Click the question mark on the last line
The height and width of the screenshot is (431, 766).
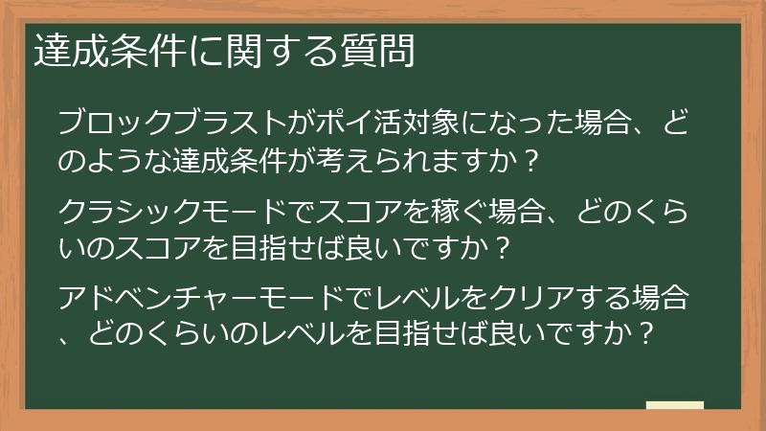[646, 333]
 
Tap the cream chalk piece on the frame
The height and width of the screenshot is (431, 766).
[675, 406]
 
